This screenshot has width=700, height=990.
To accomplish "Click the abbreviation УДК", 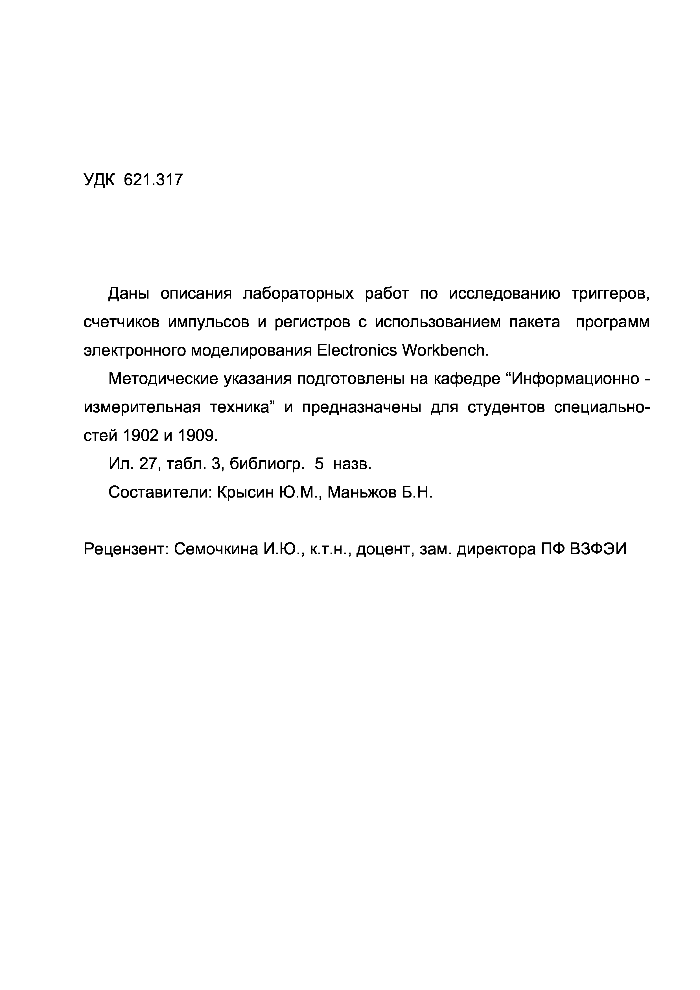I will (99, 179).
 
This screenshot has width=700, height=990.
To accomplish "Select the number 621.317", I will (153, 179).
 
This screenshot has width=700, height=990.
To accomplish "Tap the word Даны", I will (128, 294).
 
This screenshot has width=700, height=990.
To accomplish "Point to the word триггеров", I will (610, 294).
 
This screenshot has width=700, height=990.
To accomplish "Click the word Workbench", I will (445, 351).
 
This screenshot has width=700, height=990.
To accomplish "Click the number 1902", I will (141, 436).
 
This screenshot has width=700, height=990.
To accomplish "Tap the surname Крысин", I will (244, 492).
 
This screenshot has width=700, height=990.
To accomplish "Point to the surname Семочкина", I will (216, 549).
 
